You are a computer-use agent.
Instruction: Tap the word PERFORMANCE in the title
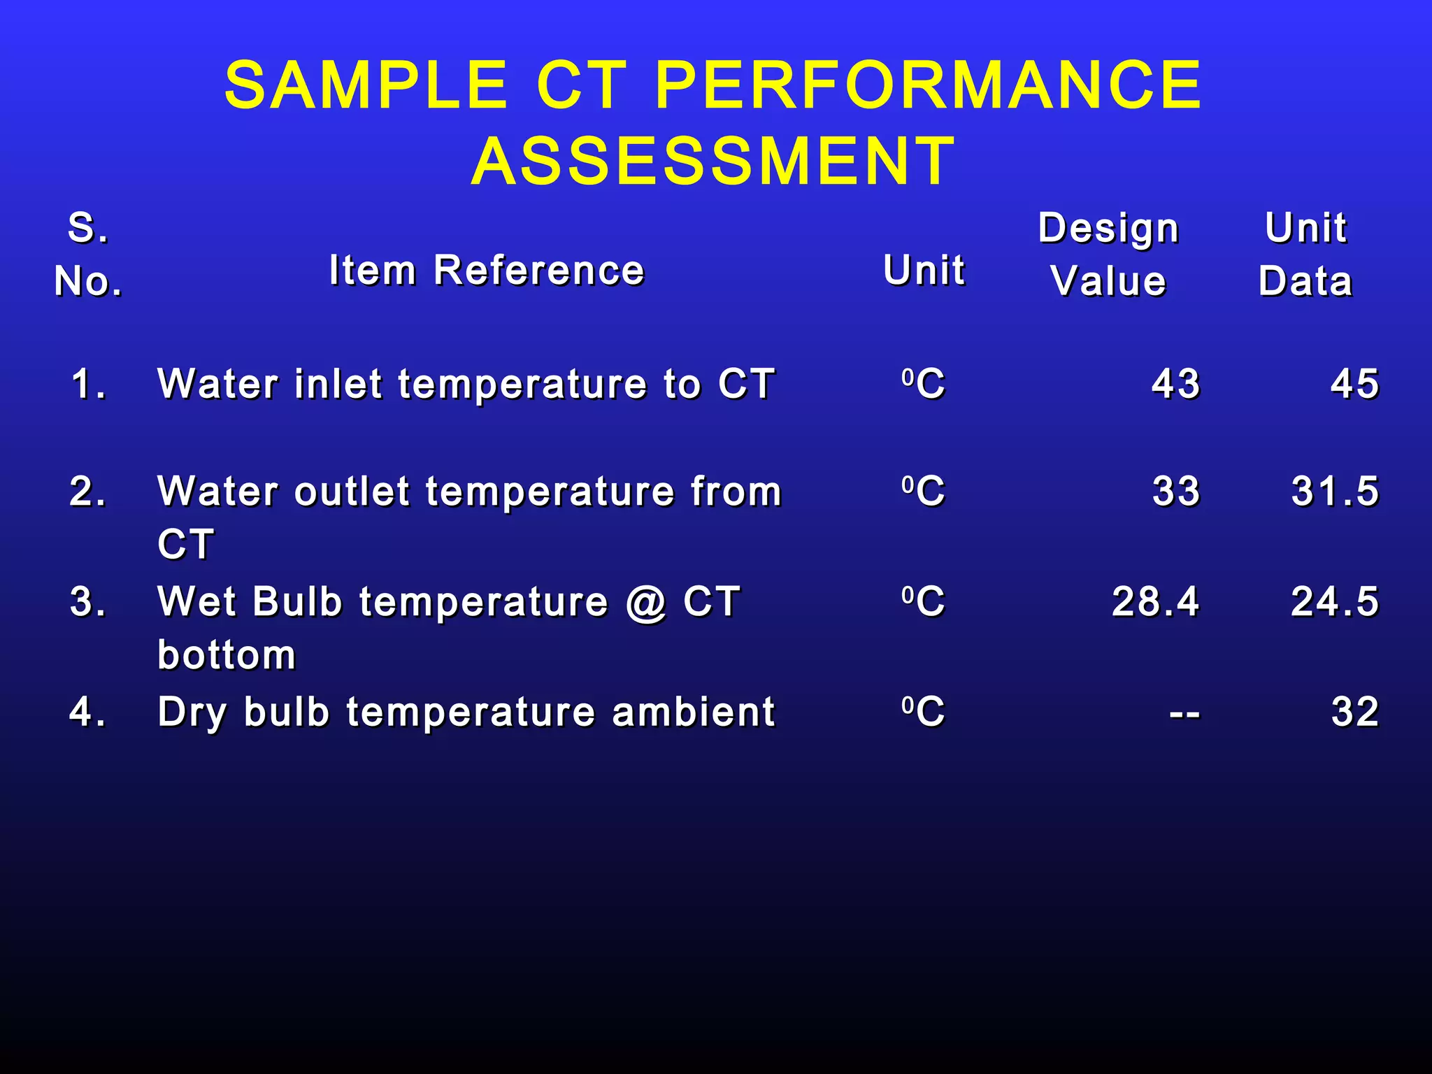point(929,85)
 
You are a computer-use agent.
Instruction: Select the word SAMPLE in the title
point(366,85)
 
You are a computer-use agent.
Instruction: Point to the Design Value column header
point(1109,255)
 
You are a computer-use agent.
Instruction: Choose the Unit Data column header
point(1305,255)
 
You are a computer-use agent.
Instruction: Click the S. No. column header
point(88,255)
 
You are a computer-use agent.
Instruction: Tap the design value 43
point(1176,384)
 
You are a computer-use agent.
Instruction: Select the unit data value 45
point(1354,384)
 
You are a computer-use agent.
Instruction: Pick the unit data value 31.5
point(1335,491)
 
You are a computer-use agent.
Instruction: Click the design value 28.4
point(1156,601)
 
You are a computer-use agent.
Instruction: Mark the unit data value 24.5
point(1335,601)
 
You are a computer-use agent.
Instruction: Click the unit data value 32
point(1354,712)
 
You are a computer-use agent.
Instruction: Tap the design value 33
point(1176,491)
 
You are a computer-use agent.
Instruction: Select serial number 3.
point(88,601)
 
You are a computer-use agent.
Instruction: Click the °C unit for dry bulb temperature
point(923,712)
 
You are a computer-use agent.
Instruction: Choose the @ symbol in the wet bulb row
point(647,603)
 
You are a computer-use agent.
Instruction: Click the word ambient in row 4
point(693,712)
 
